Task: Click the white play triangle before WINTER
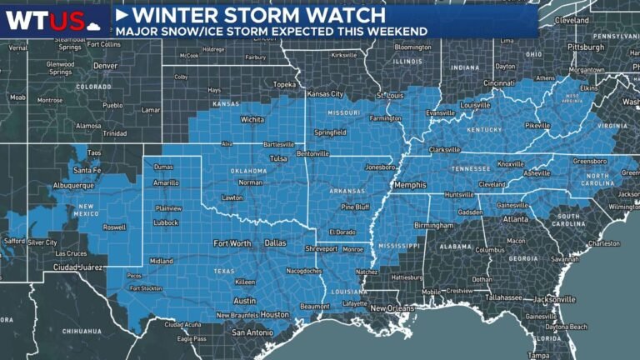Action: point(122,15)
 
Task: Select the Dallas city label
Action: point(275,242)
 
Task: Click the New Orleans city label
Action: point(392,308)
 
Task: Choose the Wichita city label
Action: point(229,119)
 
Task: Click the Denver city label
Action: point(105,64)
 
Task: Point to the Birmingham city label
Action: point(433,225)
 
